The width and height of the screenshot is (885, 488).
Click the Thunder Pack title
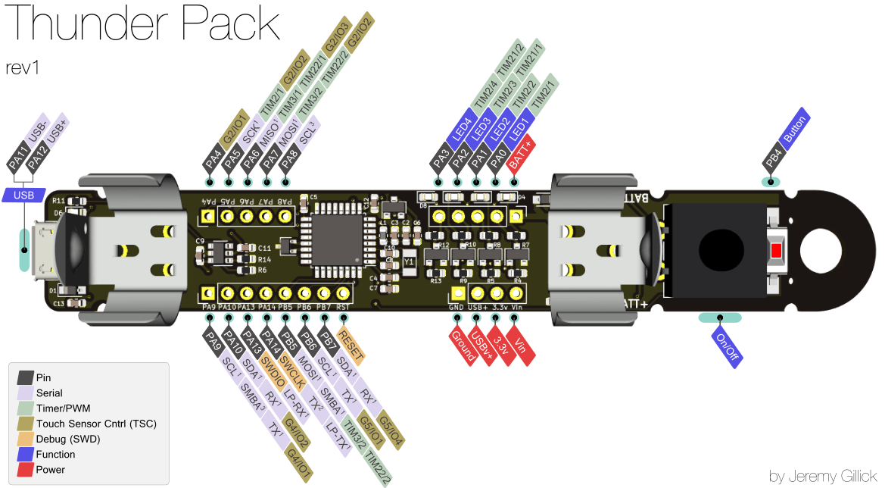click(139, 24)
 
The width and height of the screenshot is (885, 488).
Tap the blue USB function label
click(24, 196)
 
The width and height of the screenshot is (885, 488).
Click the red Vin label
click(520, 343)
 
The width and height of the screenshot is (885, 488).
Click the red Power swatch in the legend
click(25, 470)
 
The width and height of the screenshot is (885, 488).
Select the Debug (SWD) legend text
click(68, 439)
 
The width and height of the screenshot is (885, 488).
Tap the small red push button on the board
click(776, 251)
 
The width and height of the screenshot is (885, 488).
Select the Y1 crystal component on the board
click(409, 261)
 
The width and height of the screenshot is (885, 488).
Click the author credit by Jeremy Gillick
click(822, 477)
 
